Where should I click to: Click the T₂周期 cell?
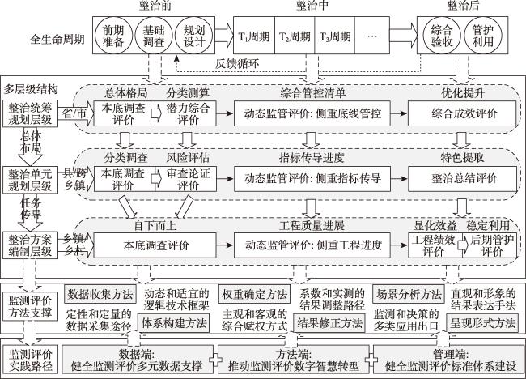(295, 36)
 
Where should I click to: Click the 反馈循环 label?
(237, 63)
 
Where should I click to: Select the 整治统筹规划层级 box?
(30, 113)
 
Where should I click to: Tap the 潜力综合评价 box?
(188, 113)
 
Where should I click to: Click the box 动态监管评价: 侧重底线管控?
(312, 113)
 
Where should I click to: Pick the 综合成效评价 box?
(462, 113)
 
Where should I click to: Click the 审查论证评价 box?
(188, 179)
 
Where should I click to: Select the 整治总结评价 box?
(462, 179)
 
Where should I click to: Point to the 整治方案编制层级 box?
(30, 245)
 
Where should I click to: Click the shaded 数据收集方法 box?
(100, 295)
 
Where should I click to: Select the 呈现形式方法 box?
(482, 323)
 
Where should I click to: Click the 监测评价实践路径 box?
(30, 360)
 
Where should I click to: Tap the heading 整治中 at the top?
(312, 6)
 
